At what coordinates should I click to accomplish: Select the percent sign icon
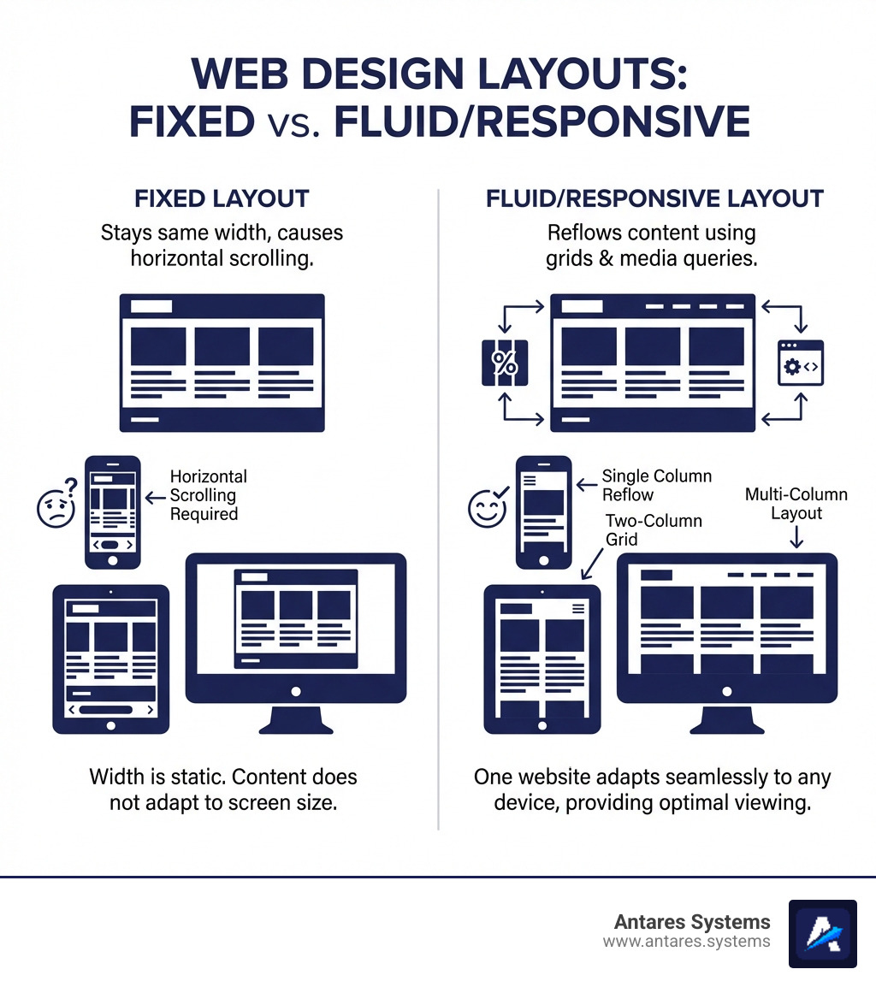(x=505, y=363)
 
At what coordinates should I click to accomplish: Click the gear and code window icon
(x=800, y=363)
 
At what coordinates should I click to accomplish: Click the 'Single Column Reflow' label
(x=656, y=485)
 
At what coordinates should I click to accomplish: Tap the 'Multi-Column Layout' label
(x=796, y=504)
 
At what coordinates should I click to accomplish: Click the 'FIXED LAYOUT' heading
(x=222, y=199)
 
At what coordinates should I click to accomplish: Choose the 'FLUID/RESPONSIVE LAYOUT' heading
(x=654, y=199)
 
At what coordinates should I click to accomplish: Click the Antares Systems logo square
(x=822, y=933)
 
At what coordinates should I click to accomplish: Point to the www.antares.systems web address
(x=686, y=942)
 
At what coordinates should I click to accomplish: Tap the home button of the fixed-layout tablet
(x=110, y=724)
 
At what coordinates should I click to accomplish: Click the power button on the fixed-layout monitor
(x=296, y=691)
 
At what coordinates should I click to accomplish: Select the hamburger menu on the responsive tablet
(x=577, y=608)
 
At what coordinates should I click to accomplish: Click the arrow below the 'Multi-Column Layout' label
(x=796, y=537)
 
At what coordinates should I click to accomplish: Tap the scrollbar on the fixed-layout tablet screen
(x=110, y=709)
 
